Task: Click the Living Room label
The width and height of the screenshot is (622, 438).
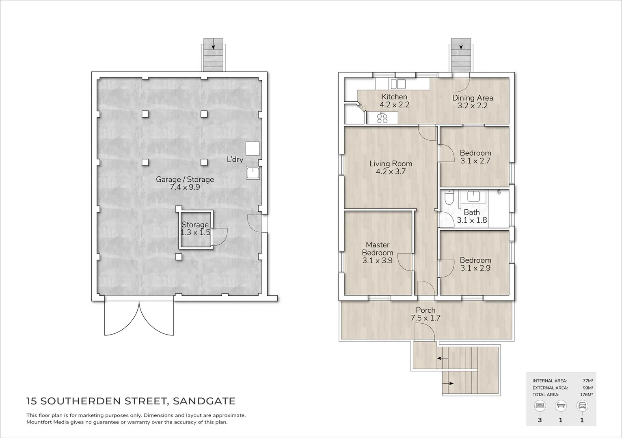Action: [391, 163]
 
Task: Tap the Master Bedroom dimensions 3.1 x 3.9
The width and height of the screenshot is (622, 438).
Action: [377, 260]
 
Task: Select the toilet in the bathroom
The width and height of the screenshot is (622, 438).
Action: [449, 198]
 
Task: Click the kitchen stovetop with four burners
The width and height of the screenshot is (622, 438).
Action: [382, 118]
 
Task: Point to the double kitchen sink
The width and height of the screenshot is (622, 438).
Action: [397, 84]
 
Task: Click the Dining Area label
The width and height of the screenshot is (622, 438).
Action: [473, 98]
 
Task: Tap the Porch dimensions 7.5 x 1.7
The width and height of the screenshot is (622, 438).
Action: [425, 318]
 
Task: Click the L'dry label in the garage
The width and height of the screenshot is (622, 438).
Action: [235, 159]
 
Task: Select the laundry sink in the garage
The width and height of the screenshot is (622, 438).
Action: [253, 173]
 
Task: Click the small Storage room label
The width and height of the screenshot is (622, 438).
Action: [195, 225]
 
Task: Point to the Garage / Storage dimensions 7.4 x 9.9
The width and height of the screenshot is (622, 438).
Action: [185, 187]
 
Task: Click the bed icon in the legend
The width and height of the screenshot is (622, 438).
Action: [540, 406]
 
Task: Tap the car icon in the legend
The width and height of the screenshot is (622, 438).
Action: [582, 406]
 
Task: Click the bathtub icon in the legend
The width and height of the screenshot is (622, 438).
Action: [561, 406]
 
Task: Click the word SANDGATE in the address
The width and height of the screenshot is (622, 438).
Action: [204, 401]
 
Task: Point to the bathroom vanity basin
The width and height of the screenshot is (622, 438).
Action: [473, 197]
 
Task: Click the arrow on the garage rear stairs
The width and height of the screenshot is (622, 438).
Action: [213, 46]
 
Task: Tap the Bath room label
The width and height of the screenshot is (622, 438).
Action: [472, 212]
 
